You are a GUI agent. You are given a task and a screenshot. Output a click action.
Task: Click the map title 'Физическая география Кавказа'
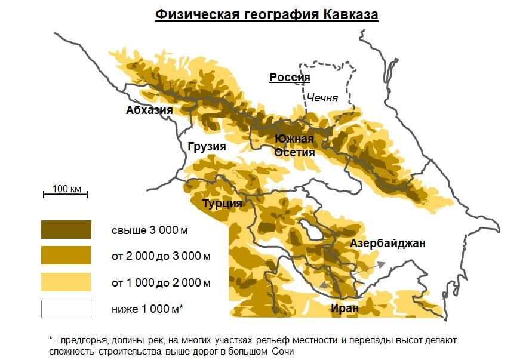(267, 15)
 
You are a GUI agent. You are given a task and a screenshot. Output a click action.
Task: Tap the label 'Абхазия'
(149, 110)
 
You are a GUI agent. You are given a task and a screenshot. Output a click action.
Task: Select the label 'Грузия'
(207, 147)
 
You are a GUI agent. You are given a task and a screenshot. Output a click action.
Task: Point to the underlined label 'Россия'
(290, 78)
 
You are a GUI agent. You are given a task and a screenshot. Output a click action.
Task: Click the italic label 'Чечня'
(322, 97)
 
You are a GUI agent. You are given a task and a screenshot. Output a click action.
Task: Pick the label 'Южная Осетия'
(294, 146)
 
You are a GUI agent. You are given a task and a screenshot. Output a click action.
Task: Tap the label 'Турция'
(222, 203)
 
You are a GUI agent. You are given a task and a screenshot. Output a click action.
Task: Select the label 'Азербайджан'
(387, 243)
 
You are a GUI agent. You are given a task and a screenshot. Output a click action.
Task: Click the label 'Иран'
(345, 308)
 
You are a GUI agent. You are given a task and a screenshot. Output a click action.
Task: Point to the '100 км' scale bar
(66, 192)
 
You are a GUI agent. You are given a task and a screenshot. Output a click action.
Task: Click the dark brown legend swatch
(66, 229)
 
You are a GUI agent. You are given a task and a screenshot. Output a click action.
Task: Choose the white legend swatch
(66, 309)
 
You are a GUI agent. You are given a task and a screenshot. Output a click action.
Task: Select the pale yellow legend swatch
(66, 282)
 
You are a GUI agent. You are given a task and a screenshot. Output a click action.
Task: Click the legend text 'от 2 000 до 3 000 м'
(161, 256)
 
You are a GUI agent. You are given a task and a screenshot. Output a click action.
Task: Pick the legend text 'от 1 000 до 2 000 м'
(161, 282)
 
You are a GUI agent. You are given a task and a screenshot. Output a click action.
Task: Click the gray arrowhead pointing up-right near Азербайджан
(380, 264)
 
